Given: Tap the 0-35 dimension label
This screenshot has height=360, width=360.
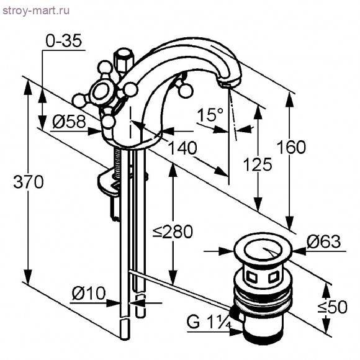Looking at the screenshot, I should [x=64, y=42].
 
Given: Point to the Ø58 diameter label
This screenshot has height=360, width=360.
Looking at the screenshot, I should [x=68, y=122].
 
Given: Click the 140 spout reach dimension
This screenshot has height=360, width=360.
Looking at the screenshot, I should [x=181, y=148].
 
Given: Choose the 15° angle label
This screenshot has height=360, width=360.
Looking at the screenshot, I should [x=210, y=115].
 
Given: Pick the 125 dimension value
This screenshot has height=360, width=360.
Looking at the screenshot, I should [x=257, y=164].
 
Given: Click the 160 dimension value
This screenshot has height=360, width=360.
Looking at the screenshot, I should [x=291, y=147].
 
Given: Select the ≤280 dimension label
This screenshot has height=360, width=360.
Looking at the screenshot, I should [x=173, y=232].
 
